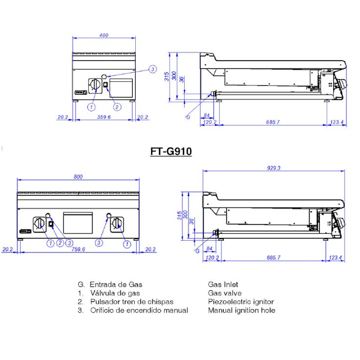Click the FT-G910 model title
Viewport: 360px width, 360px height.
(171, 152)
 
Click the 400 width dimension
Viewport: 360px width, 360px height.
(104, 35)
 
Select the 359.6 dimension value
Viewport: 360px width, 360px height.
(104, 117)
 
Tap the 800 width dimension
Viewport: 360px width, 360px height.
(78, 176)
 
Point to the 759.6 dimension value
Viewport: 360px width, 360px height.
(78, 249)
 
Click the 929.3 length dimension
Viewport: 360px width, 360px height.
(274, 168)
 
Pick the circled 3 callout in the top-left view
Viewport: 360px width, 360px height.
(153, 69)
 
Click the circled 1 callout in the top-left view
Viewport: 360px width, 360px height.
(92, 107)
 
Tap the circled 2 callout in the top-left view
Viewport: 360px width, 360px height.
(117, 107)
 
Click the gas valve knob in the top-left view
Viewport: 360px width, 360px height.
(95, 85)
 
